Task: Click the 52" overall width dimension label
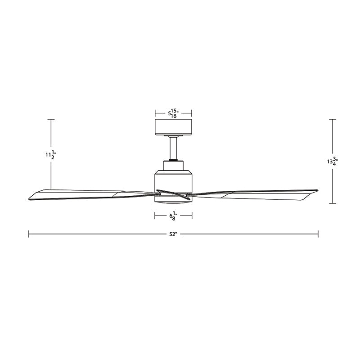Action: [x=173, y=234]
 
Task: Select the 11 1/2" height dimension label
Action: [x=50, y=155]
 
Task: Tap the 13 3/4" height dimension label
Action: [x=333, y=161]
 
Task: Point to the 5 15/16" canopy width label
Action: [x=174, y=113]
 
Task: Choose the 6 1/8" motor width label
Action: [x=174, y=216]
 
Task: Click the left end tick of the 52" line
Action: [x=29, y=234]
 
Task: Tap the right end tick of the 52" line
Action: [x=318, y=234]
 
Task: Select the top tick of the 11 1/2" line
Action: [x=51, y=119]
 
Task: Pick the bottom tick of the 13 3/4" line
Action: [x=333, y=203]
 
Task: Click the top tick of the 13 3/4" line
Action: [x=333, y=119]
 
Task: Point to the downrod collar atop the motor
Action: [x=174, y=165]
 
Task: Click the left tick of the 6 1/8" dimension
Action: [x=155, y=216]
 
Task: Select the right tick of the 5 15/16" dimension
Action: [x=192, y=113]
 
